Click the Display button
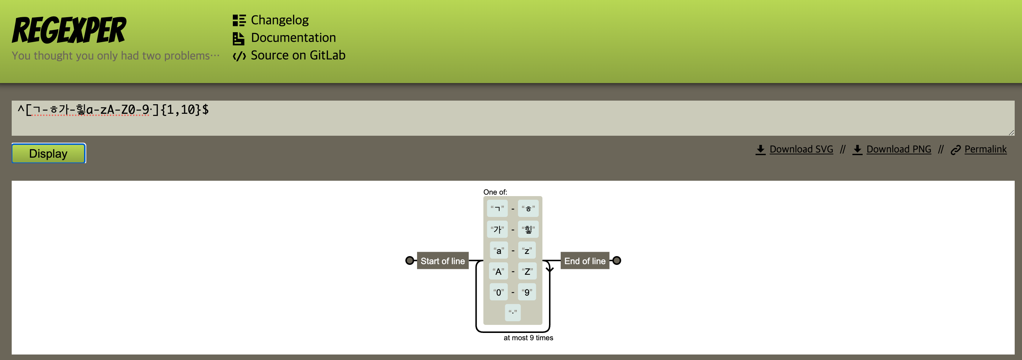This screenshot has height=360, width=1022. pyautogui.click(x=48, y=153)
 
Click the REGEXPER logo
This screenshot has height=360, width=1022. pyautogui.click(x=69, y=30)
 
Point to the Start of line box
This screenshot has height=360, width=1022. pyautogui.click(x=443, y=261)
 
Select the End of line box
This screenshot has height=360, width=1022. pyautogui.click(x=585, y=261)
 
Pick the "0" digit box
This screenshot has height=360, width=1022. pyautogui.click(x=499, y=292)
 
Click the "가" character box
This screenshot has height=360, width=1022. pyautogui.click(x=497, y=229)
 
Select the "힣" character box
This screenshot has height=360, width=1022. pyautogui.click(x=529, y=229)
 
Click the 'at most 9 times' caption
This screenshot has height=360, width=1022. pyautogui.click(x=529, y=338)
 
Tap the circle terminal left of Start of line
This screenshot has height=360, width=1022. pyautogui.click(x=409, y=261)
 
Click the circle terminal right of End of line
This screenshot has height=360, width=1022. pyautogui.click(x=617, y=261)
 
